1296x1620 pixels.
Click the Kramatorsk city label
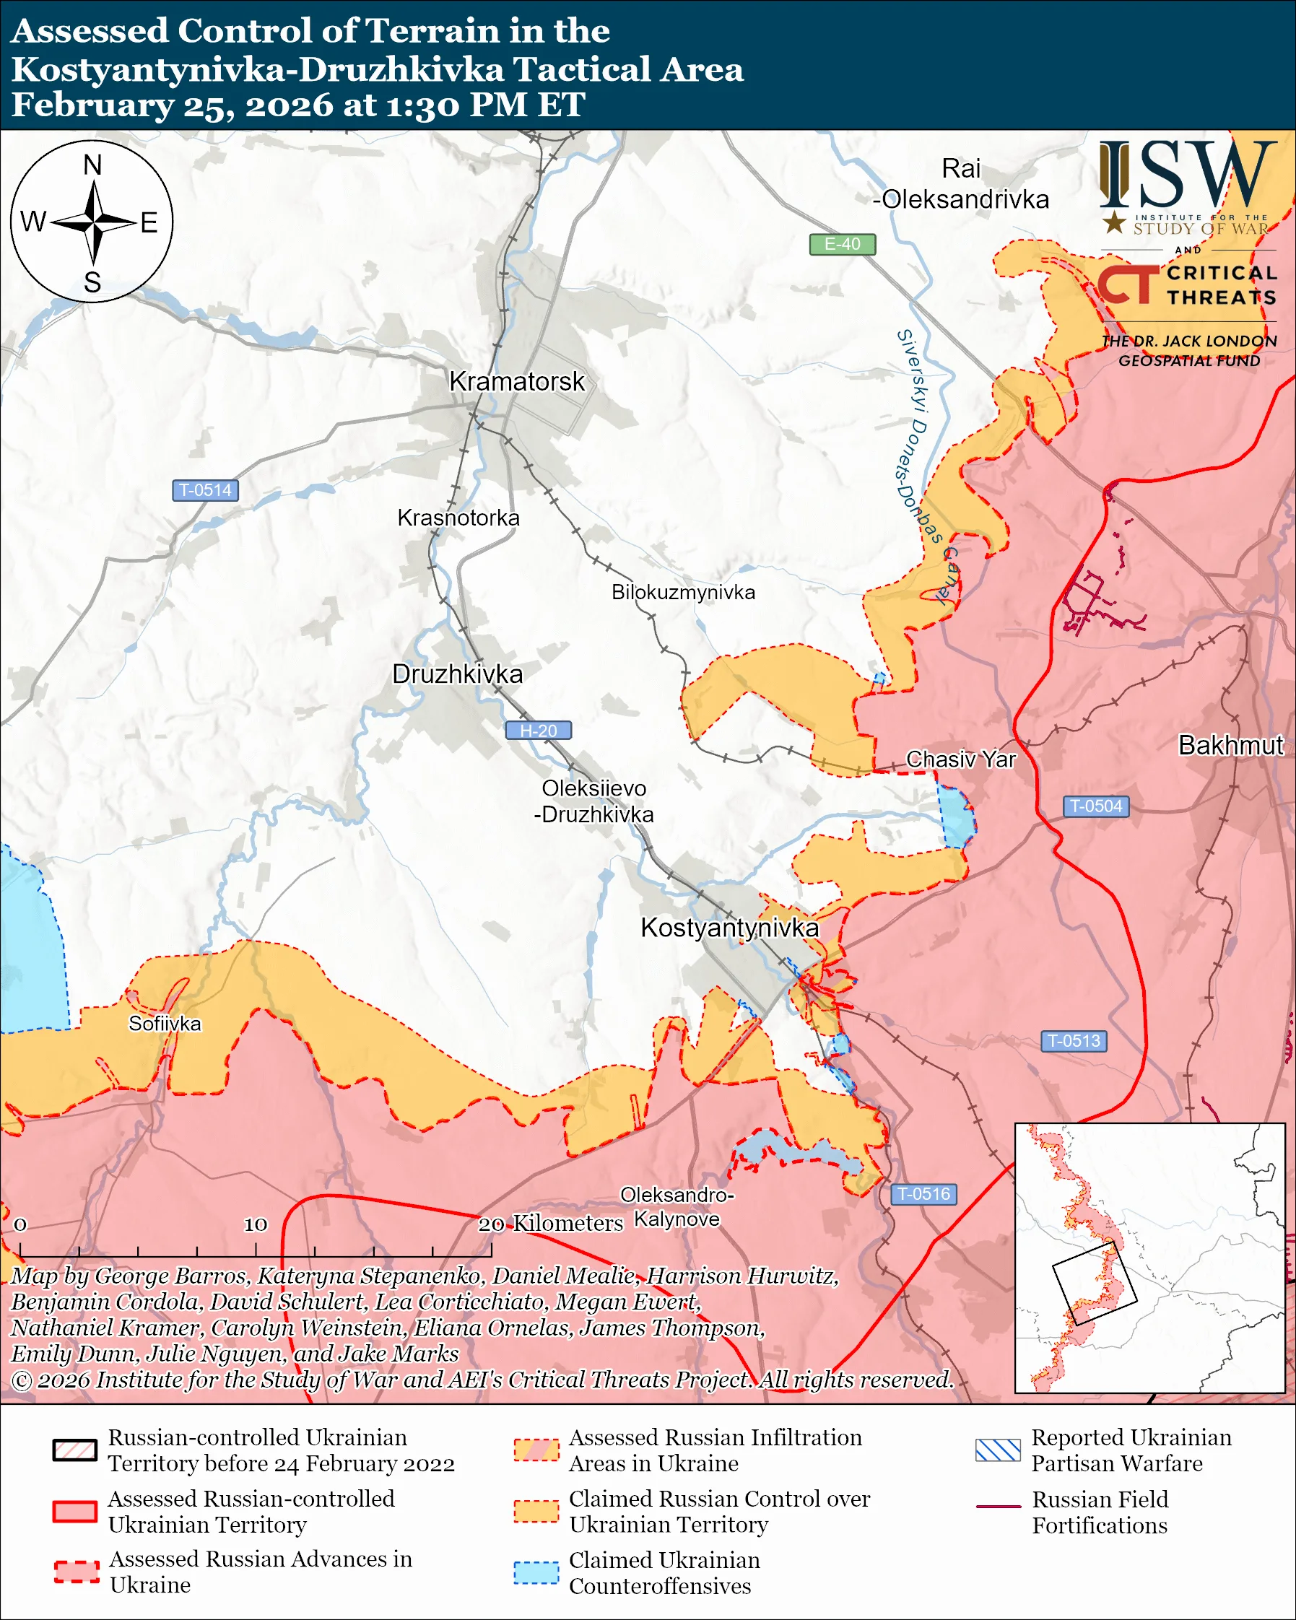[x=516, y=382]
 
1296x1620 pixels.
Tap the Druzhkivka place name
[x=458, y=674]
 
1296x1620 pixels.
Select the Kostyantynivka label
[x=729, y=928]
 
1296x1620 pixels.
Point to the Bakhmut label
[x=1230, y=745]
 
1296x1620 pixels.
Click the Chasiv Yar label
[x=960, y=759]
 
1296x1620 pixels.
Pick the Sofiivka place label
[x=165, y=1024]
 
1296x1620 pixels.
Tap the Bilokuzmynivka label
[x=683, y=592]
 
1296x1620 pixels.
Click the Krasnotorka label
[x=458, y=518]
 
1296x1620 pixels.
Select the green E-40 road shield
[x=842, y=244]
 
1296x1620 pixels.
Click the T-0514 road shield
[x=205, y=490]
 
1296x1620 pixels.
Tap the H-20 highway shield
[x=538, y=731]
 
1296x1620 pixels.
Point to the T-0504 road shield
[x=1095, y=806]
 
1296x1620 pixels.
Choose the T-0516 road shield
[x=923, y=1194]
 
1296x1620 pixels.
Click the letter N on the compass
[x=92, y=165]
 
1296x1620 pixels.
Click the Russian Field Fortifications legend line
[x=998, y=1507]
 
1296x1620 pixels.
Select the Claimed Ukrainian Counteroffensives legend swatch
[x=536, y=1572]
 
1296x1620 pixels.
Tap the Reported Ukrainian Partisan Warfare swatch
[x=998, y=1450]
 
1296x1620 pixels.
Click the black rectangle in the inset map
[x=1094, y=1284]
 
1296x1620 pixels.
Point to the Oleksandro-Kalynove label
[x=677, y=1207]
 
